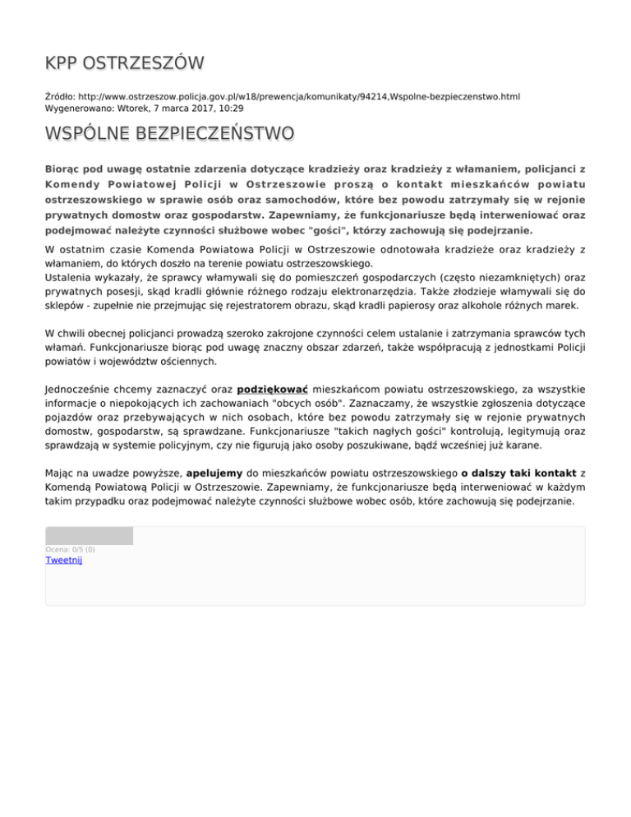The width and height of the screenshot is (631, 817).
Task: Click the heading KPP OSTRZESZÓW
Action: coord(124,64)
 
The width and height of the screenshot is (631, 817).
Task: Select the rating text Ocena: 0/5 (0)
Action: coord(70,549)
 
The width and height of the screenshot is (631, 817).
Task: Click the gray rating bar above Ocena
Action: coord(89,536)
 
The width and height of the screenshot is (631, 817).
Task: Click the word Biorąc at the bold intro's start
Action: coord(65,168)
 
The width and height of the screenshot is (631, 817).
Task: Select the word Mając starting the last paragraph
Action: coord(62,473)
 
